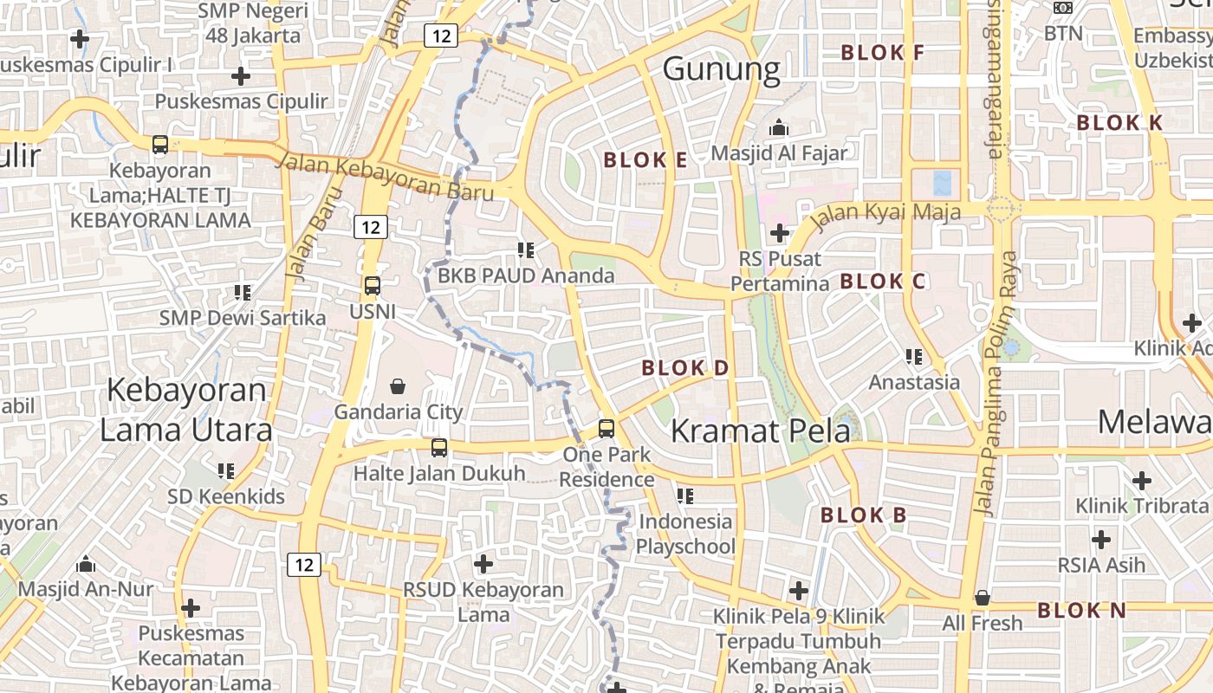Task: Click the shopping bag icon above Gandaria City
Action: tap(397, 385)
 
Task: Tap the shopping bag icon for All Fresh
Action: tap(982, 598)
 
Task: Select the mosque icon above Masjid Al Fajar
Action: tap(779, 127)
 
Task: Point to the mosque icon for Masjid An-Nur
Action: tap(86, 564)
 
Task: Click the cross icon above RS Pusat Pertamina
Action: tap(779, 232)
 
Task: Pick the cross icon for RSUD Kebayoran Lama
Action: tap(483, 564)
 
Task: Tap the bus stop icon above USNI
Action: tap(373, 285)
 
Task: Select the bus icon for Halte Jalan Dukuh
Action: tap(439, 448)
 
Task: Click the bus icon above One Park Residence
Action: tap(606, 428)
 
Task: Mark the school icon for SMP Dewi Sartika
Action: tap(243, 293)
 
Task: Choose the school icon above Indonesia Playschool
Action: tap(685, 495)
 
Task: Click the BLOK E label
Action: tap(645, 159)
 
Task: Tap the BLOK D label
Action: tap(685, 367)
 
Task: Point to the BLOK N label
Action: tap(1081, 610)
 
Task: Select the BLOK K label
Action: tap(1119, 122)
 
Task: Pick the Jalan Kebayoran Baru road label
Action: tap(386, 177)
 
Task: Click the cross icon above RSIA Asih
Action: tap(1101, 540)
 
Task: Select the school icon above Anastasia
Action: tap(913, 356)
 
